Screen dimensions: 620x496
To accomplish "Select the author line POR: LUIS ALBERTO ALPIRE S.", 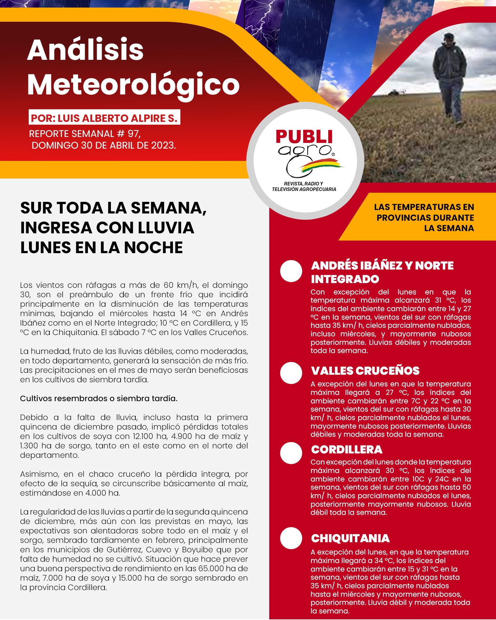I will pyautogui.click(x=104, y=118).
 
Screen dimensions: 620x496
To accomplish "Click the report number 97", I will pyautogui.click(x=133, y=134).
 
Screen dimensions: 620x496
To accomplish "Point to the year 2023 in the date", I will pyautogui.click(x=163, y=145).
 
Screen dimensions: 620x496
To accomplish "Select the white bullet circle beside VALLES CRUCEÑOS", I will pyautogui.click(x=291, y=373).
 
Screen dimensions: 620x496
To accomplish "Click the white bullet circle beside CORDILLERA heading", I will pyautogui.click(x=291, y=453).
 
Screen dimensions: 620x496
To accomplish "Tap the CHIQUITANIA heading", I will pyautogui.click(x=350, y=538).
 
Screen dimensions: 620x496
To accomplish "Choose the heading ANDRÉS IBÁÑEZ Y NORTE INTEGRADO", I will pyautogui.click(x=382, y=272).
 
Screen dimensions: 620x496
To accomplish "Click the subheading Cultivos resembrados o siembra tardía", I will pyautogui.click(x=99, y=398).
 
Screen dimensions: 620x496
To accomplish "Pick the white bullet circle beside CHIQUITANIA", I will pyautogui.click(x=291, y=538).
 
